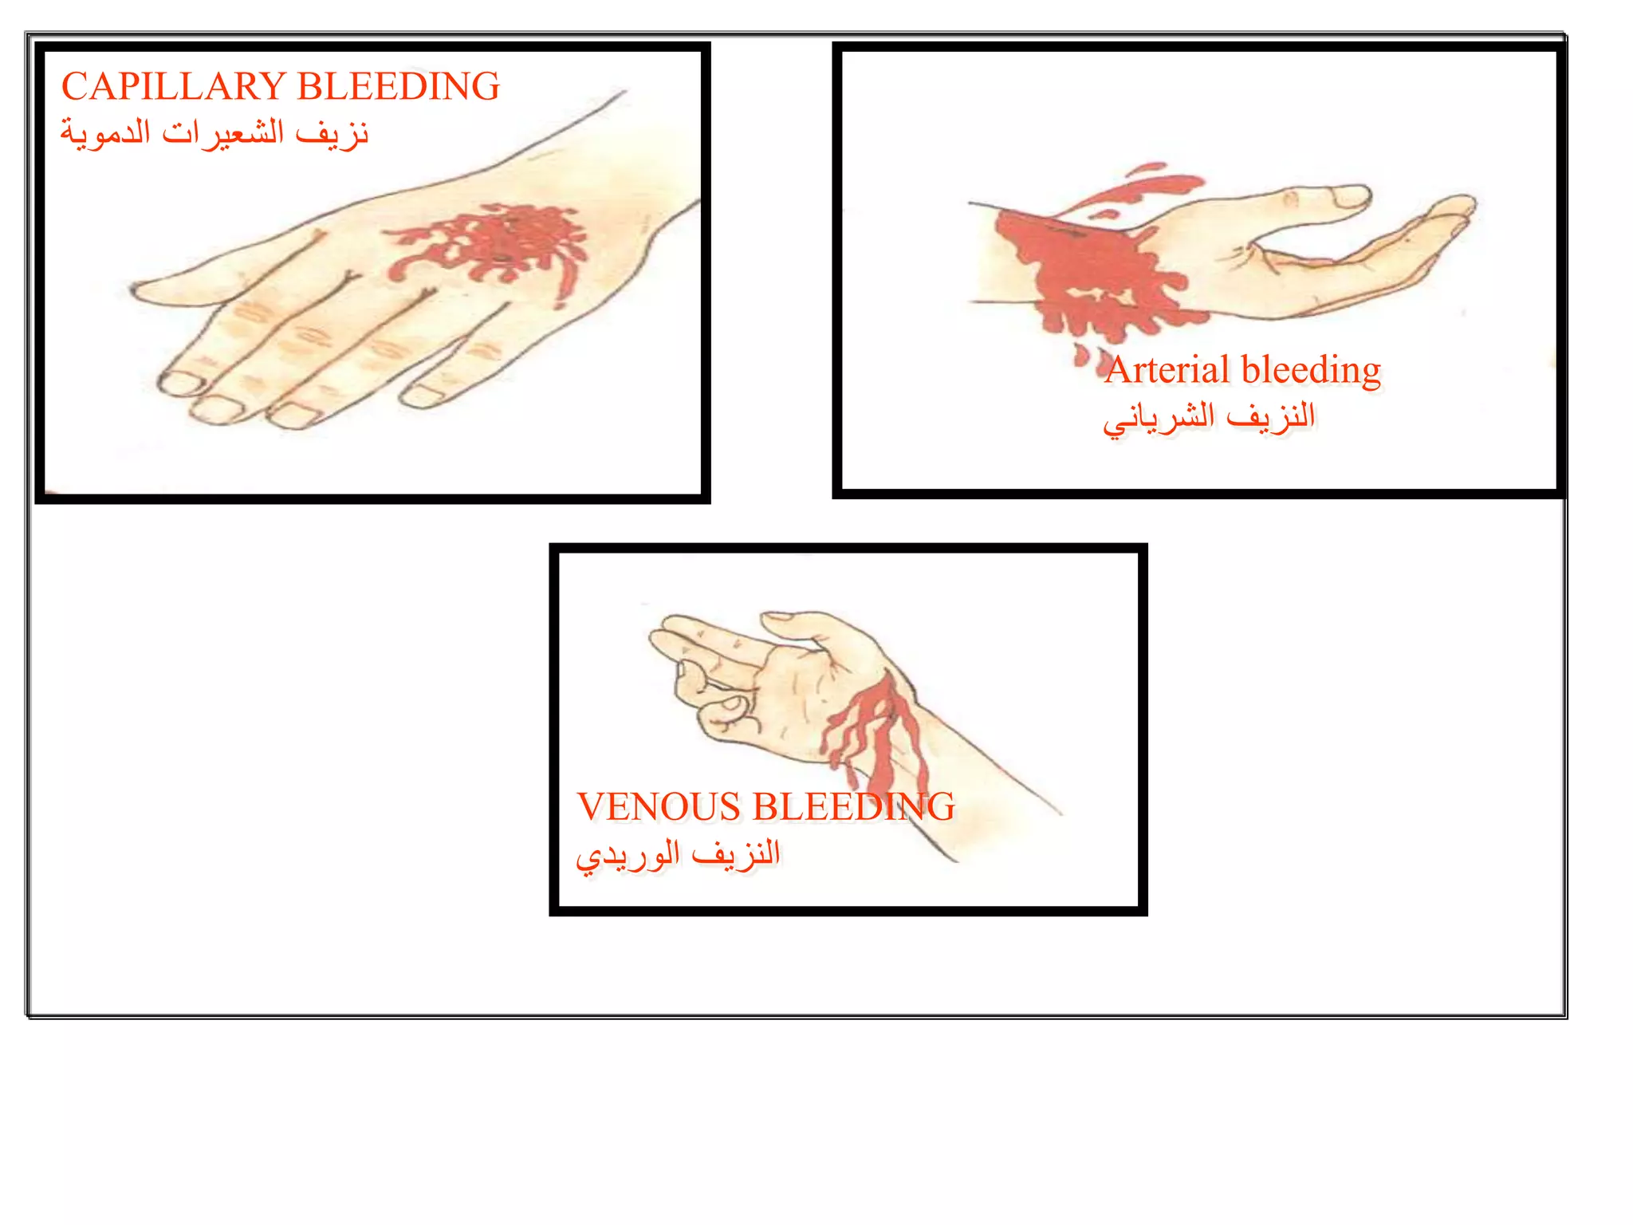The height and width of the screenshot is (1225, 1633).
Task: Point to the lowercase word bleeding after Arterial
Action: point(1311,370)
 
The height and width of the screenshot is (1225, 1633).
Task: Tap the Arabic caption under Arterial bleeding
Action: point(1209,417)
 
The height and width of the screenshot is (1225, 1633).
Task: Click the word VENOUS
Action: point(659,807)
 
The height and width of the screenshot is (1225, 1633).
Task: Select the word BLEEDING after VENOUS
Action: point(853,807)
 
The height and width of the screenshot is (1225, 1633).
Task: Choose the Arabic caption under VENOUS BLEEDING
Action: point(678,854)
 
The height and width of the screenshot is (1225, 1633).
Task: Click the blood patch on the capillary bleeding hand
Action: point(498,243)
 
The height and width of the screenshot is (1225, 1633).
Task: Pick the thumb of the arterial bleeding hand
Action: point(1324,198)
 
